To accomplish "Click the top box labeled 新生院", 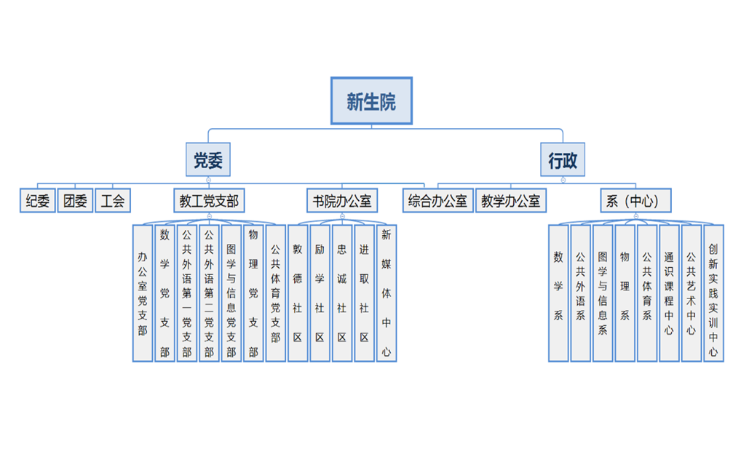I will pyautogui.click(x=371, y=101).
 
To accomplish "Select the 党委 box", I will pyautogui.click(x=207, y=160).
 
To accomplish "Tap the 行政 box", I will pyautogui.click(x=563, y=160).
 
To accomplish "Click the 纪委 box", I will pyautogui.click(x=38, y=201).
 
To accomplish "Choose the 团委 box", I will pyautogui.click(x=75, y=201).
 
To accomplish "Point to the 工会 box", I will pyautogui.click(x=113, y=201).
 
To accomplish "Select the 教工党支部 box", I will pyautogui.click(x=209, y=201).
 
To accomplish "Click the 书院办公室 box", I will pyautogui.click(x=342, y=201).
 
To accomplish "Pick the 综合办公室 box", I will pyautogui.click(x=437, y=201).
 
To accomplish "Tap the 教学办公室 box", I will pyautogui.click(x=511, y=201).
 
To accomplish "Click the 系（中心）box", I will pyautogui.click(x=634, y=201).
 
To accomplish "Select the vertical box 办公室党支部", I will pyautogui.click(x=143, y=293).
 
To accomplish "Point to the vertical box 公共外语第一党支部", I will pyautogui.click(x=187, y=293).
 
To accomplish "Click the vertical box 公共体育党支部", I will pyautogui.click(x=276, y=293).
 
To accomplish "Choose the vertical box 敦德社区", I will pyautogui.click(x=298, y=293).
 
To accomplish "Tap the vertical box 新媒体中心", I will pyautogui.click(x=387, y=293).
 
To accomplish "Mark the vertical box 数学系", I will pyautogui.click(x=558, y=293).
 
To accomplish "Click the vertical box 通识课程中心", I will pyautogui.click(x=669, y=293).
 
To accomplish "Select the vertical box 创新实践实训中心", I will pyautogui.click(x=713, y=293).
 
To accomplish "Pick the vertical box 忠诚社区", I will pyautogui.click(x=342, y=293).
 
